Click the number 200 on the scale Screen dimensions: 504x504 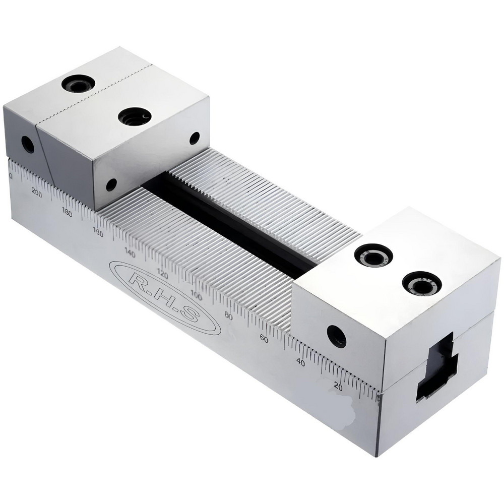[x=36, y=191]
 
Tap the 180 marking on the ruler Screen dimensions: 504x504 [x=67, y=212]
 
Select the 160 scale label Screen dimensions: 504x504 [x=98, y=232]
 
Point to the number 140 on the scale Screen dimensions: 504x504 [x=130, y=254]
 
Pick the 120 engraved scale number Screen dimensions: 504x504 [x=162, y=275]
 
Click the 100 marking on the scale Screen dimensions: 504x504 [x=196, y=296]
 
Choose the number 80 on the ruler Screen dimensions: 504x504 [x=228, y=317]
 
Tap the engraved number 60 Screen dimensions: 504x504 [x=263, y=339]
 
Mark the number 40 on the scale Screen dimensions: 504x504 [x=300, y=362]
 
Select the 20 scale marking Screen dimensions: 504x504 [x=338, y=387]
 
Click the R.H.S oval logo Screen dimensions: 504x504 [x=165, y=297]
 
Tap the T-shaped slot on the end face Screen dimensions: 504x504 [x=436, y=366]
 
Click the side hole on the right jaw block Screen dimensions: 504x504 [x=336, y=336]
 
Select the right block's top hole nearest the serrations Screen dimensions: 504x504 [x=373, y=255]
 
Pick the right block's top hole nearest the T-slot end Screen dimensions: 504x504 [x=422, y=283]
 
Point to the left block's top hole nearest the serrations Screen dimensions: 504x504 [x=135, y=117]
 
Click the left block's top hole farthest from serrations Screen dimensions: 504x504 [x=79, y=83]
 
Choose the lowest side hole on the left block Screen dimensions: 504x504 [x=111, y=184]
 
